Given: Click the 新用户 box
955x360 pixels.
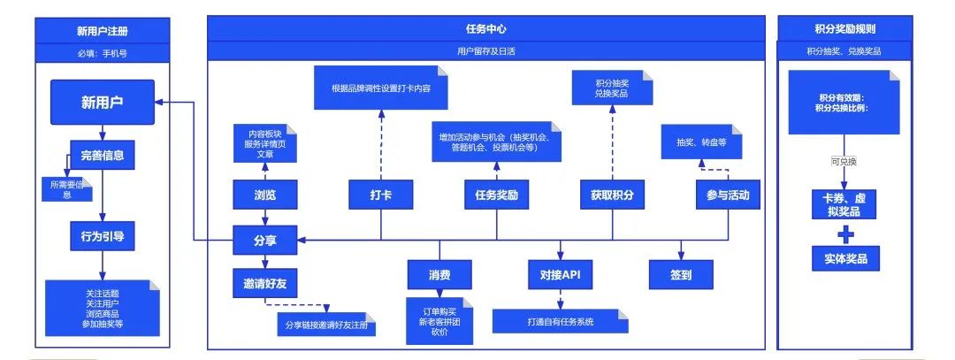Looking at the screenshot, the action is pos(102,102).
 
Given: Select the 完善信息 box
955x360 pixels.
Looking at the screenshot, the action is pos(102,156).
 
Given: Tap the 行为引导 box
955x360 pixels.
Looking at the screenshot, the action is pos(102,236).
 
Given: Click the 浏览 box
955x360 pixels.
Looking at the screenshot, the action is pos(265,195).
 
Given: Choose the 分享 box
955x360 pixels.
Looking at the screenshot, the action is pos(265,241).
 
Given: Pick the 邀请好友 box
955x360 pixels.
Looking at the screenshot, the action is pos(265,283).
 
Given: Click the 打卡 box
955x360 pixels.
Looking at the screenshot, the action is pos(380,195).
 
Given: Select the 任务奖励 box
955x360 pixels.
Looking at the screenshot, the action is pos(496,195).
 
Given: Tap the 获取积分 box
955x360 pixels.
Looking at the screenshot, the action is pos(612,195).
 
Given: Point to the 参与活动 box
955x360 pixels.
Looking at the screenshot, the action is pos(728,195).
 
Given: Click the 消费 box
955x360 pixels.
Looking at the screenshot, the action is pos(439,275).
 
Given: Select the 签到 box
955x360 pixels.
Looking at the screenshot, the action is pos(680,275).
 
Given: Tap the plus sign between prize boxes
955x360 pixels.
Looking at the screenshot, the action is pos(845,234).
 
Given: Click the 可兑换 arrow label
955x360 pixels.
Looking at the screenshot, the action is pos(844,161).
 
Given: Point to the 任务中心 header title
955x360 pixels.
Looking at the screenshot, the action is pos(485,28).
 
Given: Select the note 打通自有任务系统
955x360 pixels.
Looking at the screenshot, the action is pos(561,321).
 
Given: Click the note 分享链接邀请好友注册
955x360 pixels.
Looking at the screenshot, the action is pos(326,324).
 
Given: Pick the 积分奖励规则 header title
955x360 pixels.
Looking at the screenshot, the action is pos(844,28).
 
